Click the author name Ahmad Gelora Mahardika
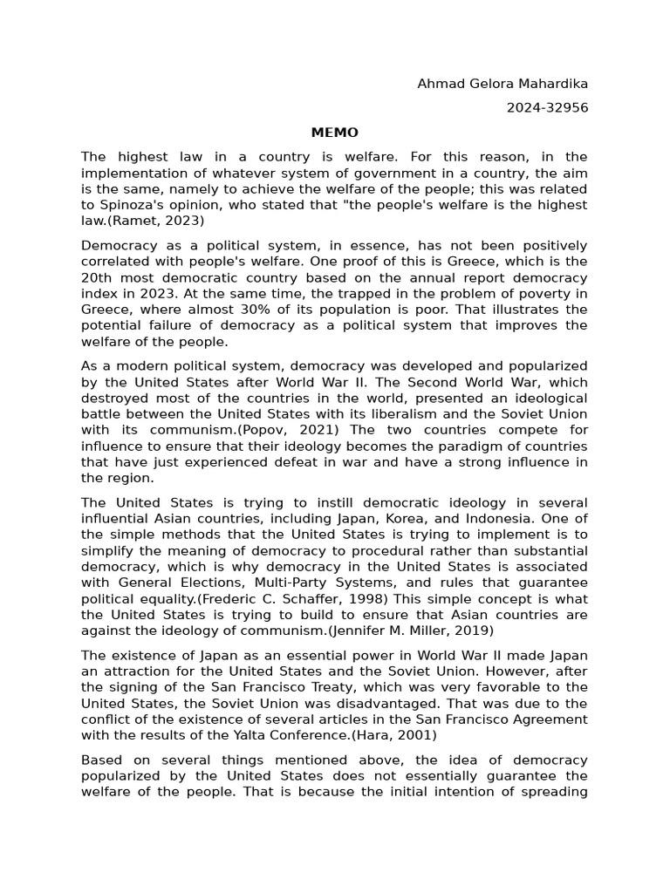tap(502, 84)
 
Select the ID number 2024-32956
tap(547, 108)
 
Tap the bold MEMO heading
tap(335, 133)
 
